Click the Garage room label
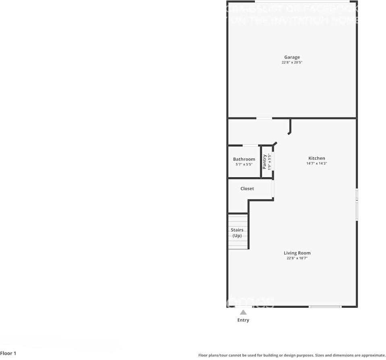coord(292,57)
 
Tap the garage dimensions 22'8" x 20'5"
coord(292,63)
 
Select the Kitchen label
coord(317,158)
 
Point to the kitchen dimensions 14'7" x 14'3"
coord(317,164)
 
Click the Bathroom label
coord(244,159)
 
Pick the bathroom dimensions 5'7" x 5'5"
coord(244,164)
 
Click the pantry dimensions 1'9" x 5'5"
coord(270,162)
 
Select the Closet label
coord(247,189)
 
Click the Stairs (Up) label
coord(237,233)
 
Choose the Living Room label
coord(297,253)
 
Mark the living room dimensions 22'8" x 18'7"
coord(297,258)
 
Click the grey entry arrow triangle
coord(243,312)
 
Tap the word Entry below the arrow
coord(243,320)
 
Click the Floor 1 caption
coord(8,354)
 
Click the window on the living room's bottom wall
coord(325,307)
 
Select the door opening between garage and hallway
coord(264,118)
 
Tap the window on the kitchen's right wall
coord(357,204)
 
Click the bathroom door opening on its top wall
coord(250,145)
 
